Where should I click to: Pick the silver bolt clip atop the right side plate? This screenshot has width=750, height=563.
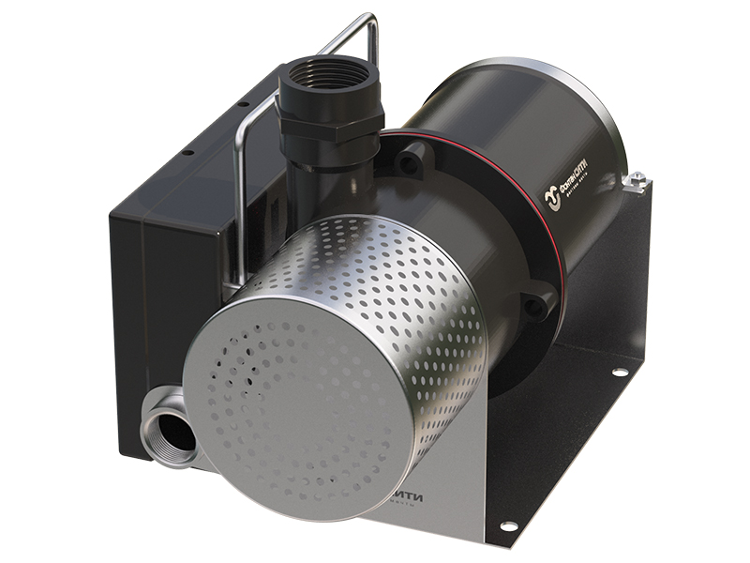(x=637, y=177)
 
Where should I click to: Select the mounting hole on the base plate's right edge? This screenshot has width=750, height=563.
(x=620, y=372)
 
